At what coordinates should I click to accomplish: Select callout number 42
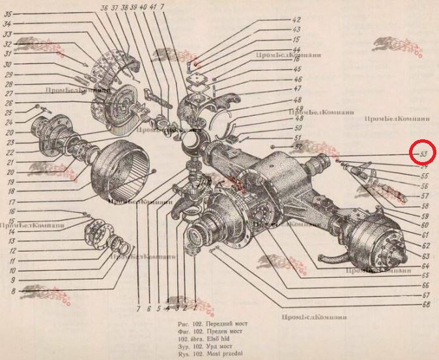[x=296, y=20]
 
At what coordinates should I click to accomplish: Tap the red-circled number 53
[x=423, y=154]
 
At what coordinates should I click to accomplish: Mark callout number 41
[x=153, y=7]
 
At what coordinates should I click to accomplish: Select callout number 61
[x=425, y=234]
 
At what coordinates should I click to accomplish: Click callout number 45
[x=296, y=69]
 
